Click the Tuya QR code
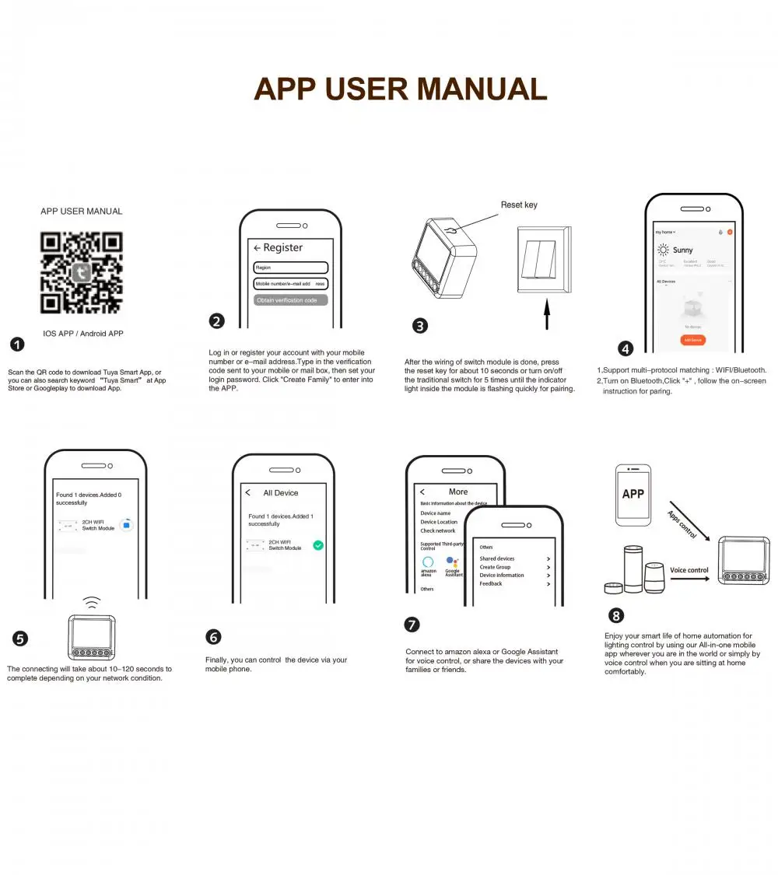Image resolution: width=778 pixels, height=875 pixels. [x=81, y=272]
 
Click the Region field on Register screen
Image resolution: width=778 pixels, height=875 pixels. [x=291, y=267]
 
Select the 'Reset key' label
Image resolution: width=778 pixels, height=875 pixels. [x=519, y=205]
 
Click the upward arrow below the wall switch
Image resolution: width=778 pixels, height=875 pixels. [x=546, y=315]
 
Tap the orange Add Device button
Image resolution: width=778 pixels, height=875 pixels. [x=693, y=340]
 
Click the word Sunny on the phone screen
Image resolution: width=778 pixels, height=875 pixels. [x=682, y=250]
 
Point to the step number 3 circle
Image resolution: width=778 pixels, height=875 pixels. [x=420, y=326]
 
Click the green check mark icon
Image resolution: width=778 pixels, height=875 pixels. [x=318, y=545]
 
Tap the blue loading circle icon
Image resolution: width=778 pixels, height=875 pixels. [x=126, y=526]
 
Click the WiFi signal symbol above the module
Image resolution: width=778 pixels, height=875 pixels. [x=92, y=603]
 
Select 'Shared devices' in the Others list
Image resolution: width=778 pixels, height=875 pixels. [x=497, y=558]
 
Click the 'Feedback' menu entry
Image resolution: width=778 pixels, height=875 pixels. [x=491, y=583]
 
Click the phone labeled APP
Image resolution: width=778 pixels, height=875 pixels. [x=633, y=495]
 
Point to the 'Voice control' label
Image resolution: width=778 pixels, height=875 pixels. [x=689, y=570]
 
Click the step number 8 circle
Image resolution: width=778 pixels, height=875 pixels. [x=616, y=616]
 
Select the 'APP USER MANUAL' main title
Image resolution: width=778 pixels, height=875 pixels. [x=401, y=89]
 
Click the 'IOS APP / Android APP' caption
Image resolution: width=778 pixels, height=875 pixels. [x=83, y=334]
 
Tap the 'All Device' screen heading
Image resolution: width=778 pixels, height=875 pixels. [x=281, y=493]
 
